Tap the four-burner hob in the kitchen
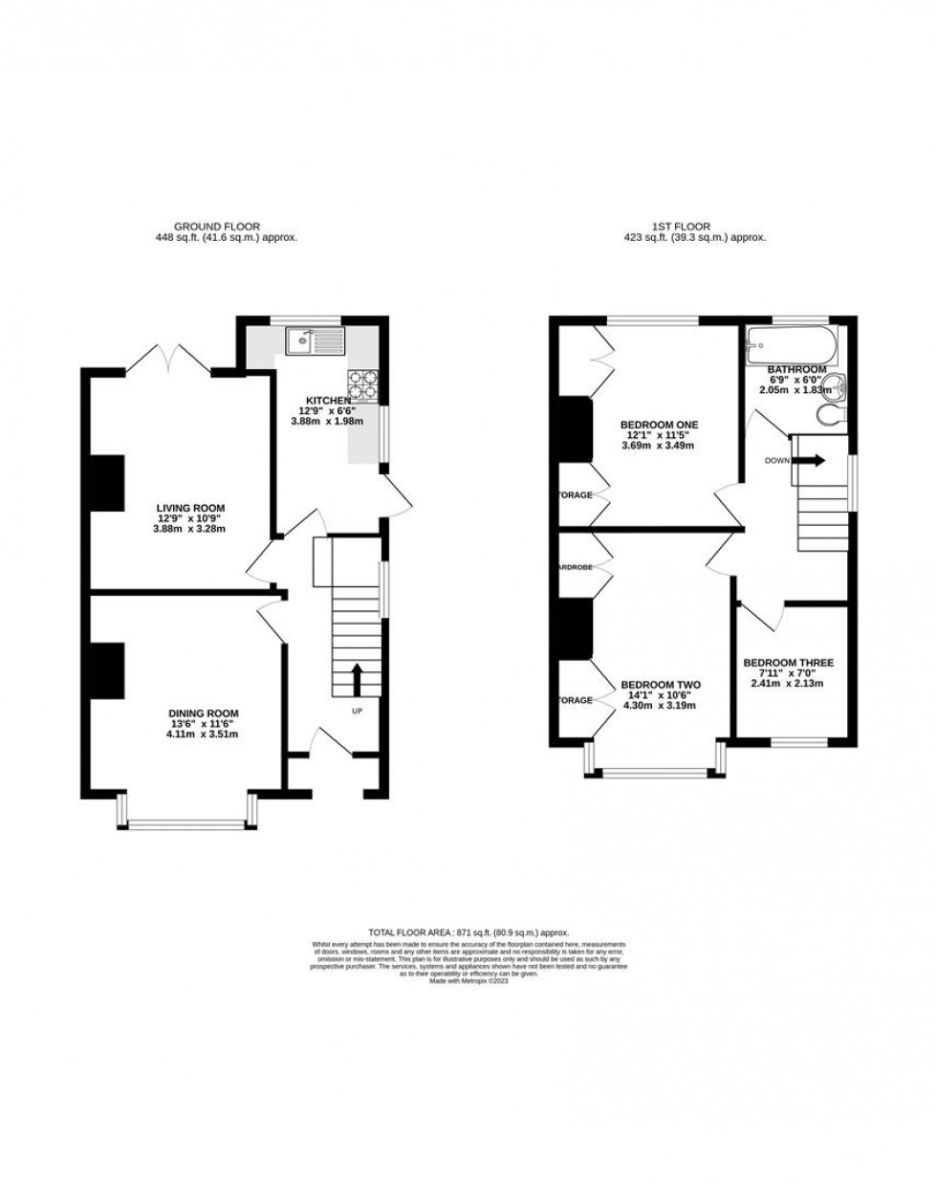pos(364,383)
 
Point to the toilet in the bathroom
pos(833,414)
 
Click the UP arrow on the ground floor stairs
pos(358,680)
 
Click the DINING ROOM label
pos(203,712)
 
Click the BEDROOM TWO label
pos(661,685)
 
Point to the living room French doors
pos(170,360)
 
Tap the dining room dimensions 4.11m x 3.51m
pos(203,734)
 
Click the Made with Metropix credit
pos(468,981)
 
